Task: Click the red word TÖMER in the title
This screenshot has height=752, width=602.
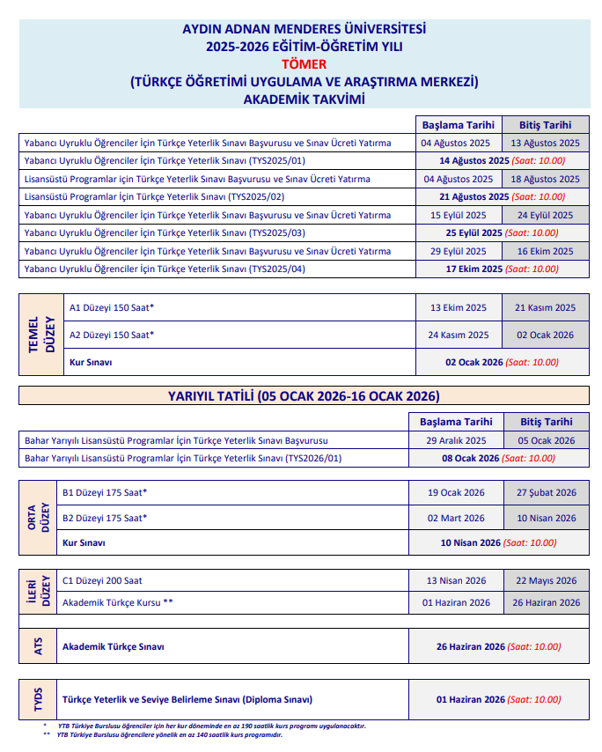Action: (x=303, y=63)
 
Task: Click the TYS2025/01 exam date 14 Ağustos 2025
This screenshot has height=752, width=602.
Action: (x=474, y=161)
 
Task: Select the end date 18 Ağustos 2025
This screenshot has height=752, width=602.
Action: (x=546, y=179)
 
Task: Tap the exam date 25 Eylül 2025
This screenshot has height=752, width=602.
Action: (x=474, y=233)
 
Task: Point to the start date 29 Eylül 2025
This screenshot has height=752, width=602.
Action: (x=458, y=251)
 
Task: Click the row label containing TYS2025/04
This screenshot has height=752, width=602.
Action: (x=165, y=269)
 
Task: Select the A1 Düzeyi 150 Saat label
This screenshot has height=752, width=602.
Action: (x=112, y=307)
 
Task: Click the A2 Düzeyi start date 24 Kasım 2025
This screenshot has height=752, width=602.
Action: (x=458, y=335)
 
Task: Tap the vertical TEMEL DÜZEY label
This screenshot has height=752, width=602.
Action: (x=40, y=335)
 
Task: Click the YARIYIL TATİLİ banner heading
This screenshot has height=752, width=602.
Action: (x=304, y=396)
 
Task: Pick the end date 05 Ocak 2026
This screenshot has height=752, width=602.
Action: (x=547, y=440)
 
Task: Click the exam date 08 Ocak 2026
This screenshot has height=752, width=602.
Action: (x=470, y=459)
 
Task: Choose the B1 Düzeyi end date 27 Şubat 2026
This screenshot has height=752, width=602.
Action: (x=547, y=493)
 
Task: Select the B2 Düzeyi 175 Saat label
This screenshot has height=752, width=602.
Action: (x=105, y=518)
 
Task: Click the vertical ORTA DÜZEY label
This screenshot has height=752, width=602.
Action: (x=39, y=518)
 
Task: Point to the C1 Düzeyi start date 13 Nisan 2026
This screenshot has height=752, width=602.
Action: (x=456, y=580)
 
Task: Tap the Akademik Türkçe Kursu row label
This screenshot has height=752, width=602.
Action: (x=118, y=603)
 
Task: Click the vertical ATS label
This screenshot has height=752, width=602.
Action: (x=38, y=647)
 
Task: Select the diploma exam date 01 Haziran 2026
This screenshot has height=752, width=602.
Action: (x=471, y=700)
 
